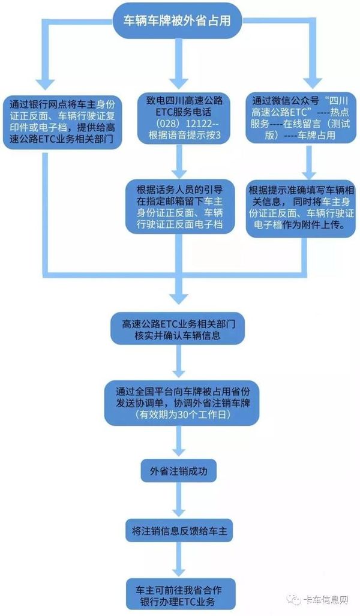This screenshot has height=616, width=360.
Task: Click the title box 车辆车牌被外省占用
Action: (x=177, y=21)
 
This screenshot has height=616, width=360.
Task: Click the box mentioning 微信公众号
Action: (x=300, y=118)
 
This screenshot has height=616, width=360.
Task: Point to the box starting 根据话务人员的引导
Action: (x=179, y=207)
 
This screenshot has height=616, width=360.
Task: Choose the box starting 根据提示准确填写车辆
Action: (x=301, y=208)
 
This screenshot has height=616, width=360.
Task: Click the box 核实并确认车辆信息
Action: (x=177, y=329)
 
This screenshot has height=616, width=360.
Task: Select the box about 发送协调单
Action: (x=182, y=403)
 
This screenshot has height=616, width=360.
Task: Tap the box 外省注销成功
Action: (x=178, y=471)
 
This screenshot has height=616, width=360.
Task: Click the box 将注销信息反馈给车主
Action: (x=179, y=531)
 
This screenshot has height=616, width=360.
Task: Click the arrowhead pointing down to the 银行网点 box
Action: (x=44, y=83)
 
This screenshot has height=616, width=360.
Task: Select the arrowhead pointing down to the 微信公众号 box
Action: (x=313, y=82)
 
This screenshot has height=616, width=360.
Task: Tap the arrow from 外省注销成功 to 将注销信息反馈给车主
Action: (x=179, y=500)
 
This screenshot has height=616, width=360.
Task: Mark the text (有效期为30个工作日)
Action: (x=181, y=415)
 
